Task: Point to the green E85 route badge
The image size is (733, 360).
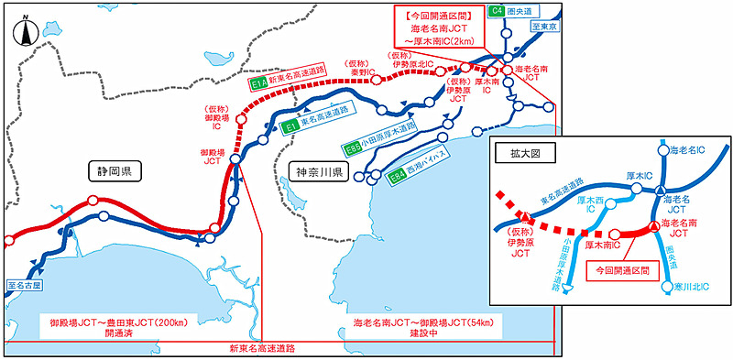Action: [x=353, y=147]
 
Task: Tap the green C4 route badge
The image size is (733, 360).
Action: [x=496, y=11]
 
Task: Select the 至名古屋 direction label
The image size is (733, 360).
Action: [x=24, y=285]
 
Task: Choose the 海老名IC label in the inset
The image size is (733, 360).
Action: [x=691, y=149]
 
